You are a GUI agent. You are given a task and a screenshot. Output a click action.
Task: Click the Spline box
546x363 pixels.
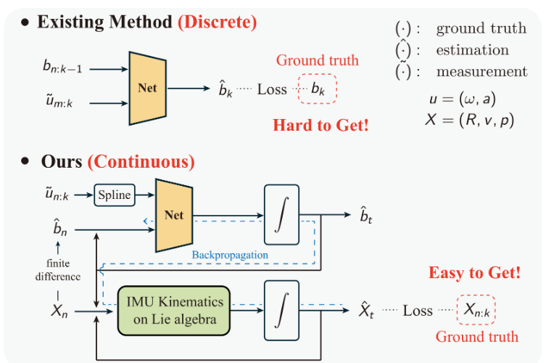115,195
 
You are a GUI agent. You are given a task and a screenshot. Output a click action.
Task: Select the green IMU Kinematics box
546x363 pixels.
174,311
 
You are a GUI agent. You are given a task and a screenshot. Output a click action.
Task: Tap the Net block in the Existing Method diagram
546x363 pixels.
147,89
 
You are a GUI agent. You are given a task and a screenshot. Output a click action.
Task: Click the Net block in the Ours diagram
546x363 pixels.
174,215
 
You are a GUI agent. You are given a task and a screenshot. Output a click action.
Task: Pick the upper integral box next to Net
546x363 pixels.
281,214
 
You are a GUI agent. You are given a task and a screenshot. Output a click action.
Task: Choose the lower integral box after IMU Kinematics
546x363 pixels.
281,310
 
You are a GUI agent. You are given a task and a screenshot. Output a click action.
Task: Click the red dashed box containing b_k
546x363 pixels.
317,89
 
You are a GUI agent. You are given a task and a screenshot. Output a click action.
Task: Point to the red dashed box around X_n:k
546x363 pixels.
476,310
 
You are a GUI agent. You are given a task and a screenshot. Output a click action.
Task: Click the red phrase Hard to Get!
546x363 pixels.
320,125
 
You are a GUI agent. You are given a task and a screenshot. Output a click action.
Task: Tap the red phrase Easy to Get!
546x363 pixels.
474,273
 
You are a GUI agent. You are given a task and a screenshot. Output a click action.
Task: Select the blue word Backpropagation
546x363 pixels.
230,255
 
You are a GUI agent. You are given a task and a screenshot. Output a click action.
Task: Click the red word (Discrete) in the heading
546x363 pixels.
218,22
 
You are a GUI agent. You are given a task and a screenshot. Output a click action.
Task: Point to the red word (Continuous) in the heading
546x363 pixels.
141,162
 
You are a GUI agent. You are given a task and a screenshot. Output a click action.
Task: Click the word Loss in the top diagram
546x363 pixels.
272,89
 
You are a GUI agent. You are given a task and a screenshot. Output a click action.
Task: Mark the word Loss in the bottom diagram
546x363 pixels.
418,310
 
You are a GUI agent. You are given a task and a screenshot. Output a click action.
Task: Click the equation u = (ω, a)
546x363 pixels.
463,99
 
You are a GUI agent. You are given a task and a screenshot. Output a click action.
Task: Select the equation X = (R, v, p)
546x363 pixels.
469,121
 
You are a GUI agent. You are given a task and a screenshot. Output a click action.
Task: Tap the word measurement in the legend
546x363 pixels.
482,72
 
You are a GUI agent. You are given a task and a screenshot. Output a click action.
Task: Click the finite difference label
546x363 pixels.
58,270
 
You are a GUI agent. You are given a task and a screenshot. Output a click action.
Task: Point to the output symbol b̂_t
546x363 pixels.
366,216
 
